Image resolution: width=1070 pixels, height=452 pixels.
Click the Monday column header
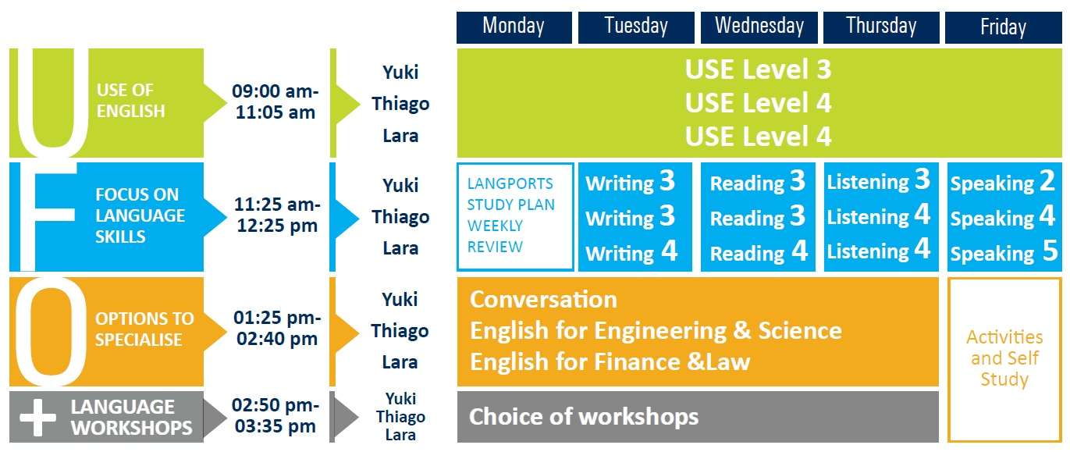click(514, 27)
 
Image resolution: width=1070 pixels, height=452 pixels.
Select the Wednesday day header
click(759, 27)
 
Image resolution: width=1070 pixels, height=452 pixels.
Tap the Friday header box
click(1003, 27)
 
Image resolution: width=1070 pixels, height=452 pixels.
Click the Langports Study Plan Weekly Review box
click(515, 217)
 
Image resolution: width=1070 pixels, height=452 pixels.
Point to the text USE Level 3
click(758, 69)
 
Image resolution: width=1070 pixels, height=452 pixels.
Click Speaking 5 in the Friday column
click(1004, 252)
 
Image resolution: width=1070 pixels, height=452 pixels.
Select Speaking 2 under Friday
click(1003, 182)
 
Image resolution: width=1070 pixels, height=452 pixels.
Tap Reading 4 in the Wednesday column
click(759, 252)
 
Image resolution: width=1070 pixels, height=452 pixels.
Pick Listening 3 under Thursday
click(879, 180)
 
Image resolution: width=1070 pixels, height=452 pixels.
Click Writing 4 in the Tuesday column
click(631, 252)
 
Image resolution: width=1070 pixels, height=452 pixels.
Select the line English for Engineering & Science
click(656, 331)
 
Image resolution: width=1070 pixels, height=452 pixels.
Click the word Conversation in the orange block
click(544, 300)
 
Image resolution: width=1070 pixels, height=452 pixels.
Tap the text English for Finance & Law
click(610, 361)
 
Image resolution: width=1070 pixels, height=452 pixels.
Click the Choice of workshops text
click(584, 417)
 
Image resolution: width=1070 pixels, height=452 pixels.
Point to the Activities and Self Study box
click(1004, 360)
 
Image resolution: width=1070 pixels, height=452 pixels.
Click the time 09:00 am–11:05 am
click(275, 101)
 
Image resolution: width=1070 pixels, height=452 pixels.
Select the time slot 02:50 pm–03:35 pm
click(275, 415)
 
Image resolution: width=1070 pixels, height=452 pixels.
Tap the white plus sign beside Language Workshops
click(37, 417)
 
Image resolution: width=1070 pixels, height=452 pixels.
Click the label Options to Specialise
click(144, 329)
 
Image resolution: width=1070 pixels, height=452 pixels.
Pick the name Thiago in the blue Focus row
click(401, 217)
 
